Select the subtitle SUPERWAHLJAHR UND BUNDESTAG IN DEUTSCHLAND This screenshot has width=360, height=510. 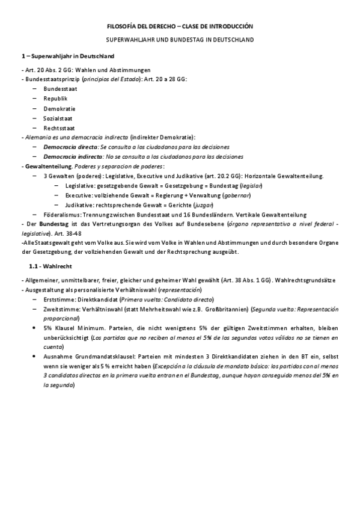pyautogui.click(x=180, y=40)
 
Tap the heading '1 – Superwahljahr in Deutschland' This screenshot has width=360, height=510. pyautogui.click(x=69, y=56)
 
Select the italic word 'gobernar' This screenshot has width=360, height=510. pyautogui.click(x=236, y=195)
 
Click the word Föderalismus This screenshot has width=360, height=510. pyautogui.click(x=63, y=215)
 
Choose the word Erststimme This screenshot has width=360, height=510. pyautogui.click(x=59, y=299)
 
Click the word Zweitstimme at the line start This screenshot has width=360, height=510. pyautogui.click(x=60, y=309)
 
